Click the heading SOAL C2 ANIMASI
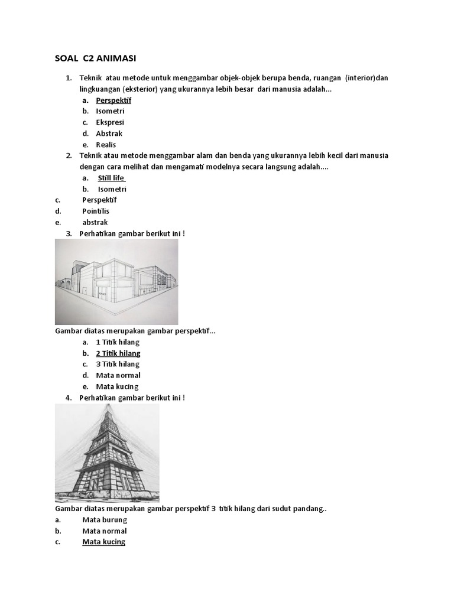pos(95,58)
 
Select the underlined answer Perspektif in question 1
pos(113,100)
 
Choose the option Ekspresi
pos(110,122)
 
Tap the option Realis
pos(106,145)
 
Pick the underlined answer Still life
pos(112,178)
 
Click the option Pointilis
pos(96,211)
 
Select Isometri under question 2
pos(112,189)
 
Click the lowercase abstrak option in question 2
pos(95,222)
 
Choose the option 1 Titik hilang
pos(118,342)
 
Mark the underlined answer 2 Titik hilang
pos(118,353)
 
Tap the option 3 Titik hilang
pos(118,364)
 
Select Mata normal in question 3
pos(118,375)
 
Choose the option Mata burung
pos(105,520)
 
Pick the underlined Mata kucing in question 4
pos(103,542)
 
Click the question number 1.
pos(68,79)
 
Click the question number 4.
pos(68,398)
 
